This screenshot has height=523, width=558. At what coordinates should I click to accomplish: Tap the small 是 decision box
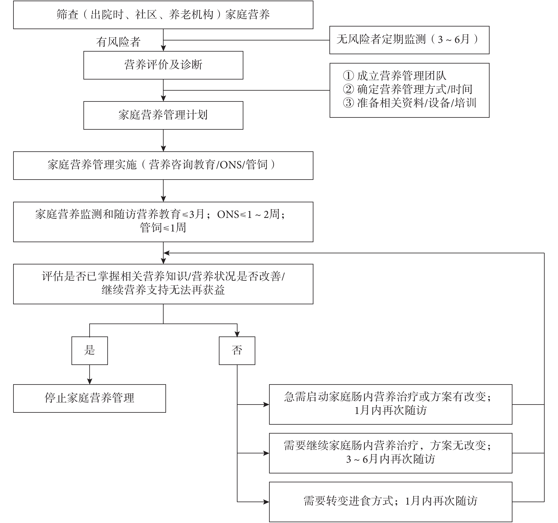tap(89, 351)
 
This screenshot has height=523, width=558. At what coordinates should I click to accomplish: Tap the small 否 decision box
tap(237, 351)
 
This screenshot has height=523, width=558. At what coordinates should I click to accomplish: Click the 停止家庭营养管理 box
tap(89, 398)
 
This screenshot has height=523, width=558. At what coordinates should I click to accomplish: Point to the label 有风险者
tap(118, 42)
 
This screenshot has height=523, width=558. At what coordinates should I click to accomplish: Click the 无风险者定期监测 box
tap(409, 40)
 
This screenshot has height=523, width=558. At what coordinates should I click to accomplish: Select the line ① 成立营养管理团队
tap(394, 76)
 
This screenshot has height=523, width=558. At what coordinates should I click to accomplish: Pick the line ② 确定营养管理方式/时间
tap(408, 89)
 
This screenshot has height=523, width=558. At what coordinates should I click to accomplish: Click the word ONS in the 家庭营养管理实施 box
tap(231, 165)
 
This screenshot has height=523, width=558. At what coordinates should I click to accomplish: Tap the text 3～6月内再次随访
tap(390, 459)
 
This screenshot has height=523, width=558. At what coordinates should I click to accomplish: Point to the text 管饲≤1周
tap(163, 228)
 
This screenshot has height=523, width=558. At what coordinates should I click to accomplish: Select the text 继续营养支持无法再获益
tap(163, 290)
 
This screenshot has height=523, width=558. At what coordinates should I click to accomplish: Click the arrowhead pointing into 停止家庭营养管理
tap(89, 381)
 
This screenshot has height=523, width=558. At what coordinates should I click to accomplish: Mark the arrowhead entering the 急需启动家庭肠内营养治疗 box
tap(266, 404)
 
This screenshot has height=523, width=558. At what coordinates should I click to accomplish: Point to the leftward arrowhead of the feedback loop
tap(167, 253)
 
